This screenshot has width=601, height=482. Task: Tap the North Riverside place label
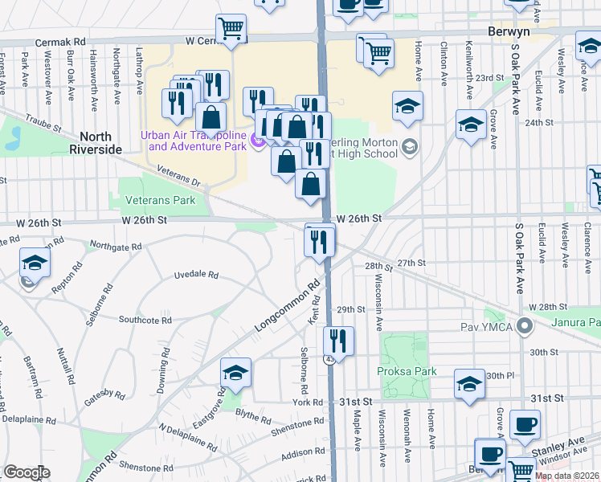click(x=96, y=143)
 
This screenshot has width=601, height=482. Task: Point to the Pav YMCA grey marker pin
click(x=525, y=327)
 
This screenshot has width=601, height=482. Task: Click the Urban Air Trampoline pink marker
click(x=258, y=142)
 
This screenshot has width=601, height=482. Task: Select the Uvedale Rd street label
click(x=196, y=275)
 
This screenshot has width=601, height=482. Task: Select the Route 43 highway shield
click(x=329, y=359)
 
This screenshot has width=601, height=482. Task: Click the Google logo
click(x=27, y=473)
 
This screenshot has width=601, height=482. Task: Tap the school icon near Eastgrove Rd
click(x=235, y=372)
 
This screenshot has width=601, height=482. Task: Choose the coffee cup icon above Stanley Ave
click(x=525, y=423)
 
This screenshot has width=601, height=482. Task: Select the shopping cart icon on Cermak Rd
click(x=231, y=28)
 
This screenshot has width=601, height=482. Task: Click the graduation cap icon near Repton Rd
click(x=35, y=262)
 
